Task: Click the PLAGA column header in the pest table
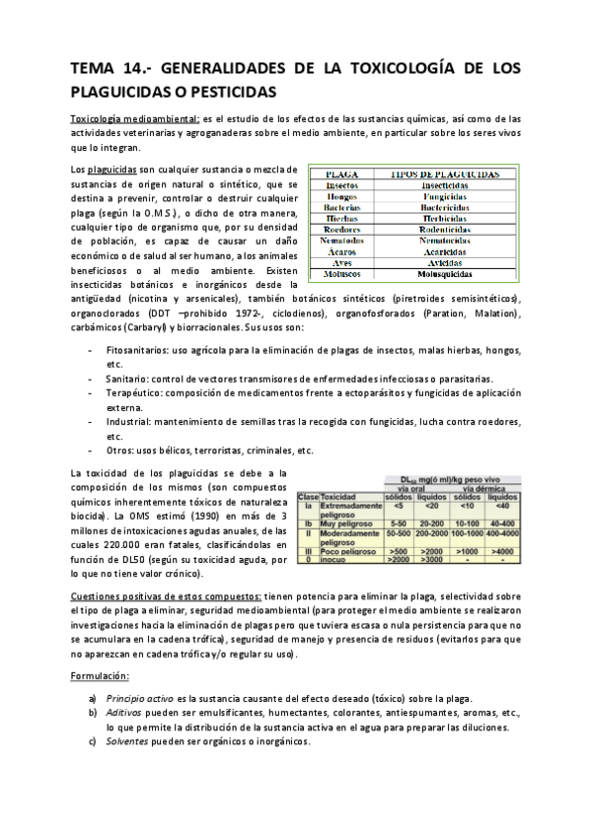point(341,173)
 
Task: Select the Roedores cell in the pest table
point(341,230)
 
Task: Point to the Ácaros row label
point(341,252)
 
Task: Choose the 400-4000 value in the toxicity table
point(502,532)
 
